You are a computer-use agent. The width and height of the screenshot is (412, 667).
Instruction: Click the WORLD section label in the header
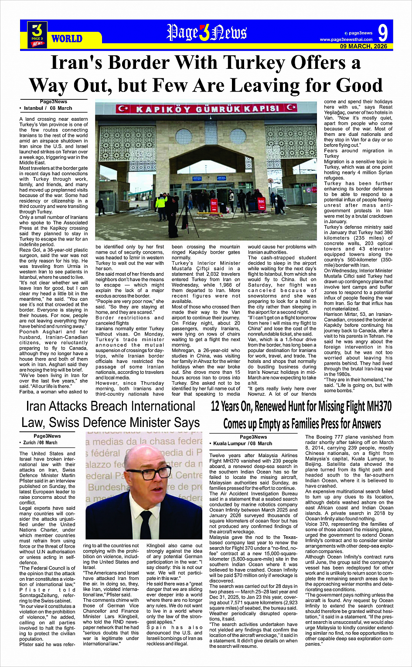[x=67, y=39]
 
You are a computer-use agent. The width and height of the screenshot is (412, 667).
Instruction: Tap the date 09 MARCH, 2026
[x=364, y=46]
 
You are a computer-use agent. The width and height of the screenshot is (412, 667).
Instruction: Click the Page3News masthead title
[x=207, y=33]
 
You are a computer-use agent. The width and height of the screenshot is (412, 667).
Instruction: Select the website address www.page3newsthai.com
[x=346, y=40]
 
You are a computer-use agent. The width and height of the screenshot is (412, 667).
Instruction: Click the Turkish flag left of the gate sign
[x=123, y=108]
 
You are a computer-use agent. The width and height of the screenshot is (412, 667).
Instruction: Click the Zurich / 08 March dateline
[x=40, y=443]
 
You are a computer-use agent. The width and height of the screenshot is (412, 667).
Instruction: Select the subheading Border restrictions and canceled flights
[x=129, y=320]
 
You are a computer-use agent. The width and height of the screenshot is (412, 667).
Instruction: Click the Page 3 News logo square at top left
[x=37, y=34]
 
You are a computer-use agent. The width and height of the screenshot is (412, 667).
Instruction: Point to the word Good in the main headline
[x=356, y=85]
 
